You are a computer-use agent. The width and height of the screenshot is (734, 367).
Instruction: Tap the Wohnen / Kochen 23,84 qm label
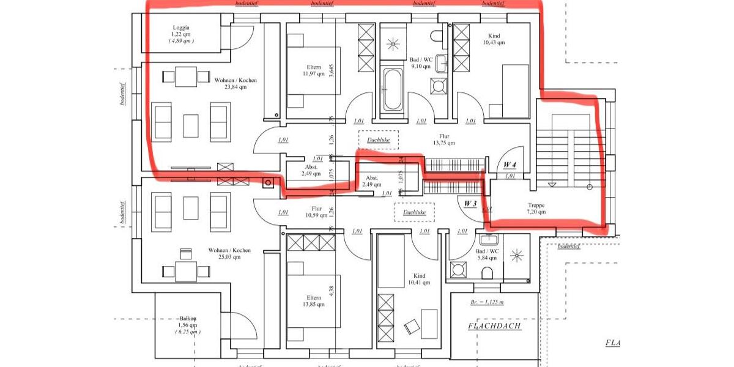235,84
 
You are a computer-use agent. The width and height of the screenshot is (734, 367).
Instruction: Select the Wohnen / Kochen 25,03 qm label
229,254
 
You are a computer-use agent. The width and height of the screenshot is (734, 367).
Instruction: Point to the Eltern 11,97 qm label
313,70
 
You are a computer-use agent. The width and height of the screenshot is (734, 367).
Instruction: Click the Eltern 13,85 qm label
314,300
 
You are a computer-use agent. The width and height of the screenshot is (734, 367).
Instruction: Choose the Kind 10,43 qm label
494,39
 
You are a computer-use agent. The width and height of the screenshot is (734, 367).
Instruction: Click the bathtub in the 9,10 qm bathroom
393,89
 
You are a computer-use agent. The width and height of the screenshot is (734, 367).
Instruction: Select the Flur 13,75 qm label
444,140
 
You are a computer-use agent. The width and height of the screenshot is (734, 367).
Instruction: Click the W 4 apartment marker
510,165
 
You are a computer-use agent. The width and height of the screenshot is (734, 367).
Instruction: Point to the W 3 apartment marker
470,203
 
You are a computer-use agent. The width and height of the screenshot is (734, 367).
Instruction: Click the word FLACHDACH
494,326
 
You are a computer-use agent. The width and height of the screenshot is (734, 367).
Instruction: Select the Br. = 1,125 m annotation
487,302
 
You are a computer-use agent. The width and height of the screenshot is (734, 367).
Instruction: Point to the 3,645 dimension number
348,71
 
